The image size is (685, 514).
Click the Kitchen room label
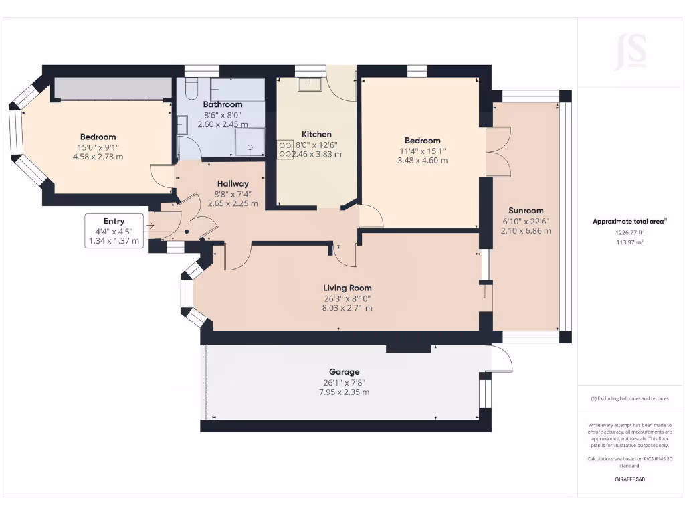[316, 134]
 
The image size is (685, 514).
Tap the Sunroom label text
[525, 210]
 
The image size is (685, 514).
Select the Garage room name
[344, 372]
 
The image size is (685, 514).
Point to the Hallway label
[233, 183]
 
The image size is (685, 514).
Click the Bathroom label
[223, 104]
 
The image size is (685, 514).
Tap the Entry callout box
[114, 231]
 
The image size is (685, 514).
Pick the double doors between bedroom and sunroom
[496, 151]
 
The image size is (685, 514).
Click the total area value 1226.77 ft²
[630, 233]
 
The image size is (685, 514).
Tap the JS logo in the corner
[631, 52]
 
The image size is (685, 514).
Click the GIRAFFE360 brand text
[630, 479]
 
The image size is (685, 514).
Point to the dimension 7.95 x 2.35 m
[344, 392]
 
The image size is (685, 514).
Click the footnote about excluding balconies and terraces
[630, 398]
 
